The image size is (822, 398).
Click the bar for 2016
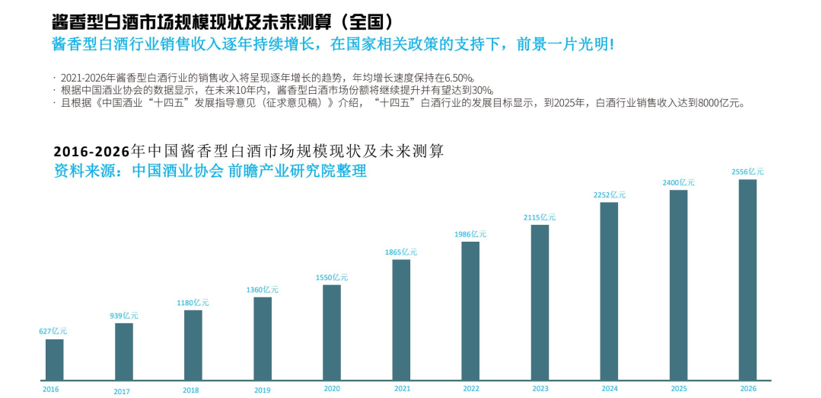(x=54, y=359)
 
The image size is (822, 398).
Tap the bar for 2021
(x=401, y=319)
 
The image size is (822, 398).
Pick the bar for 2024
(x=609, y=290)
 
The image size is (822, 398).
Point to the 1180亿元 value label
(x=193, y=303)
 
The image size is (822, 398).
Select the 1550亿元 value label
(x=332, y=278)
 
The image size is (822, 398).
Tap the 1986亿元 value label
(x=470, y=234)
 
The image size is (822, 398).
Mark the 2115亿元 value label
(x=540, y=217)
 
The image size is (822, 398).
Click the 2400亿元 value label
(x=678, y=183)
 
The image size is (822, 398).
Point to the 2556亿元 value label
(x=747, y=172)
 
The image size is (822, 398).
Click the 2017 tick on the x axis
(x=121, y=391)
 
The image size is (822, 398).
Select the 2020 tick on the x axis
(x=331, y=389)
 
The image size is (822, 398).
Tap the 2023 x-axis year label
(x=540, y=389)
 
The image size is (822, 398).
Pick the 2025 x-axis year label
(x=678, y=389)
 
